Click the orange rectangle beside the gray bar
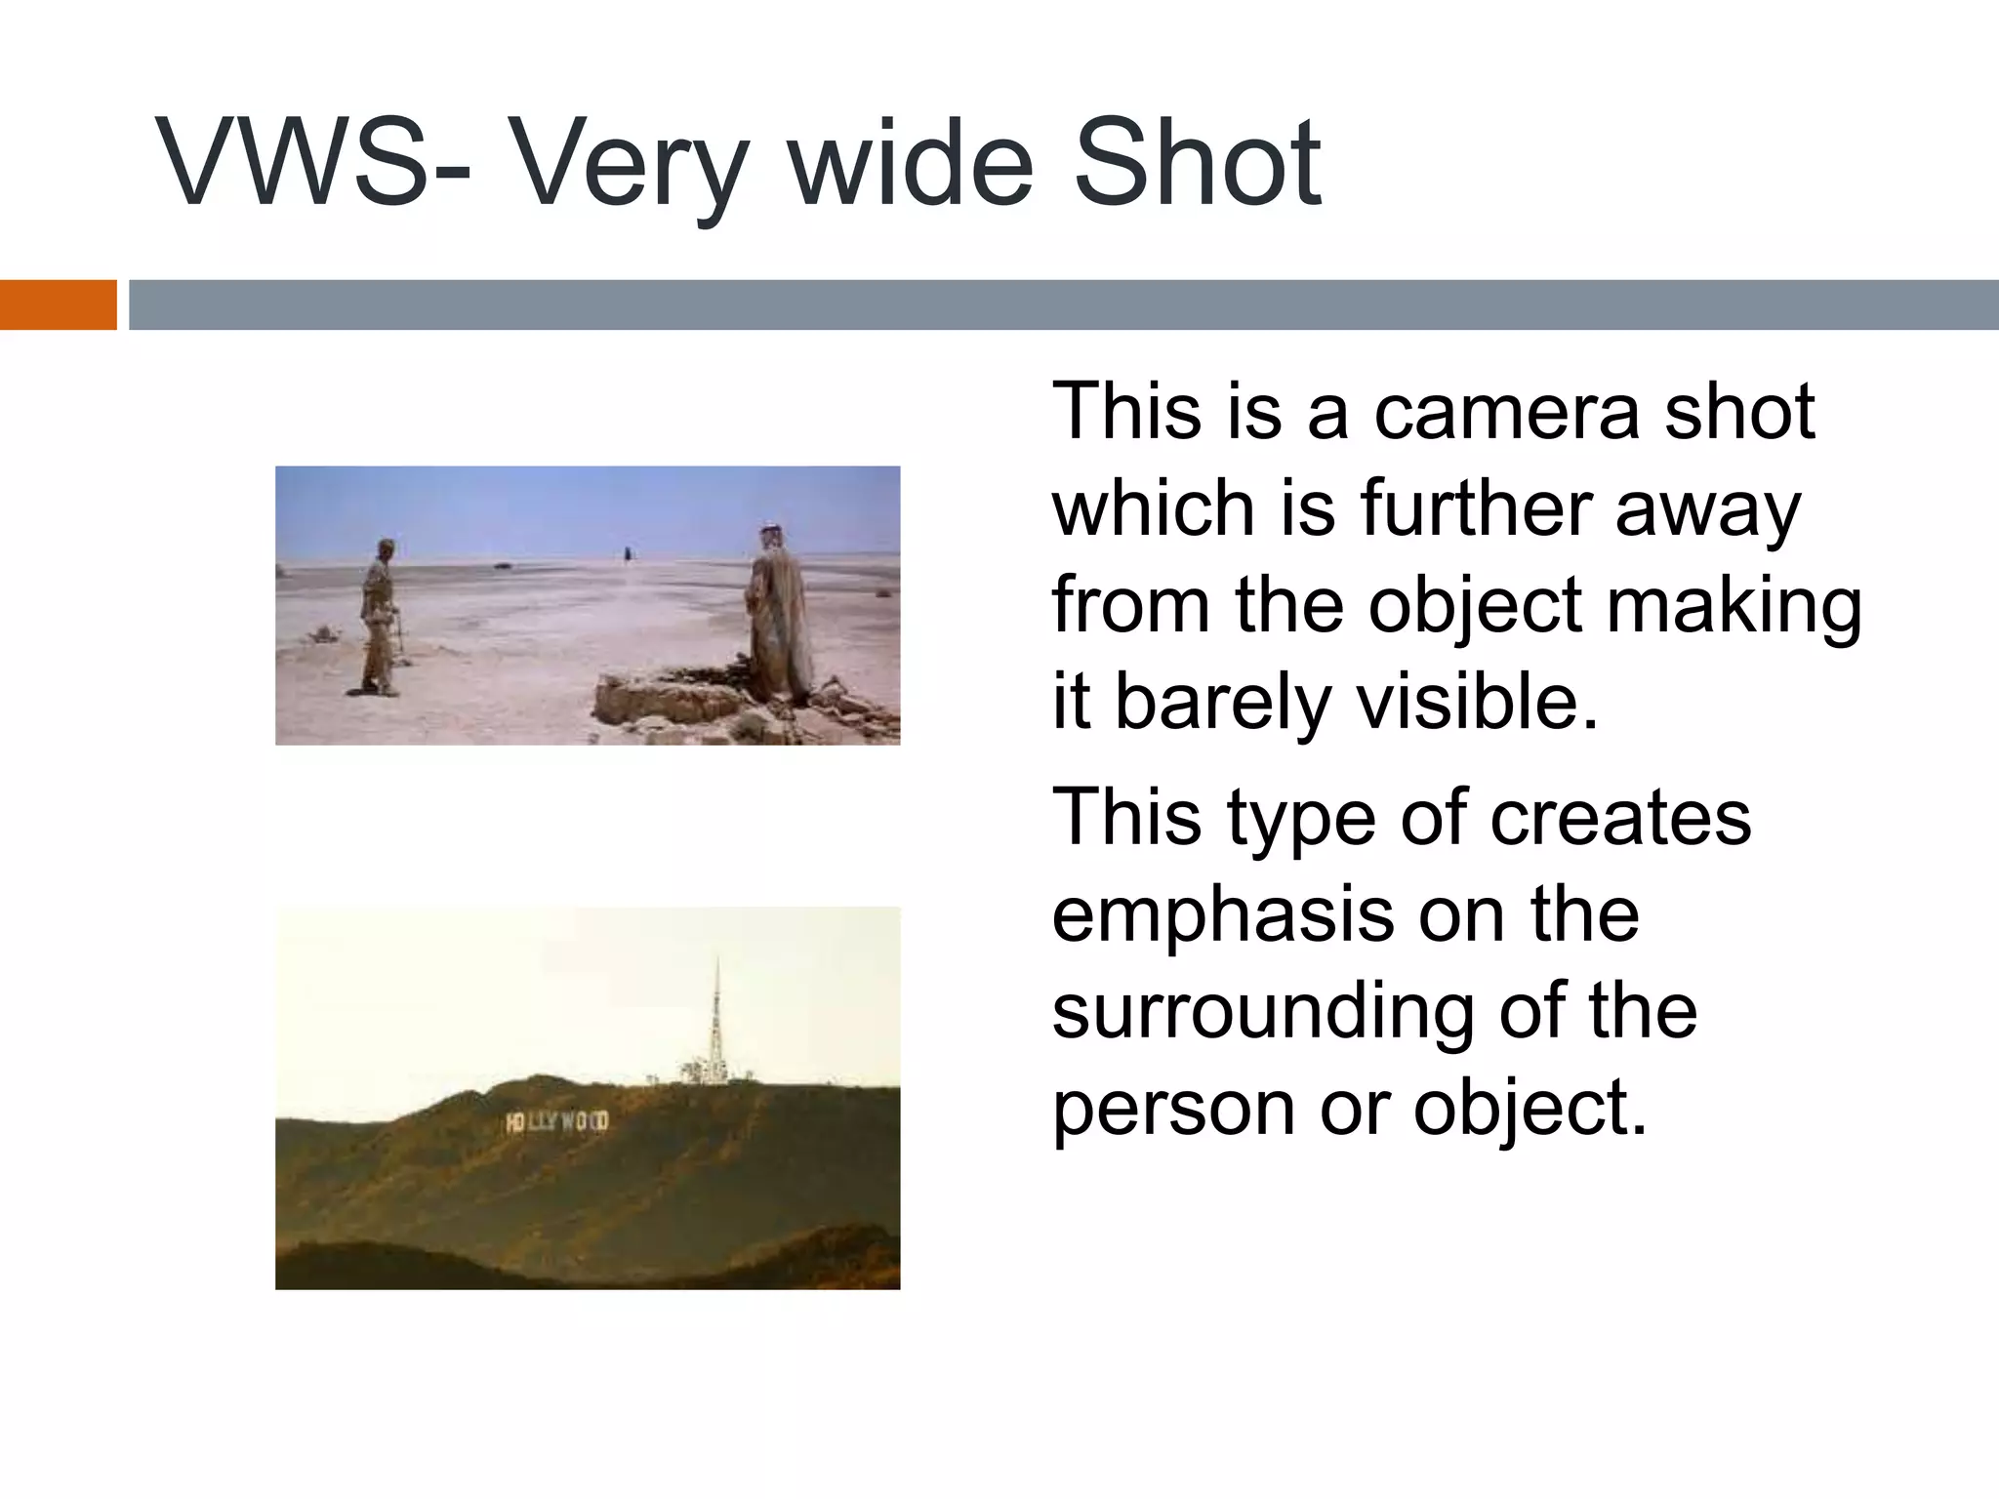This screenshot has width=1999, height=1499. pos(58,304)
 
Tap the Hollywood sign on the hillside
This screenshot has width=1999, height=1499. pos(557,1121)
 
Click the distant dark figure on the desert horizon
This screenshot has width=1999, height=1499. pos(627,555)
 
